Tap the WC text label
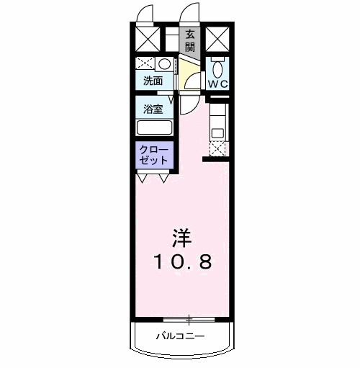pyautogui.click(x=217, y=84)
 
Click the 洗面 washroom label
pyautogui.click(x=153, y=81)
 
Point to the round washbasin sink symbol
pyautogui.click(x=164, y=63)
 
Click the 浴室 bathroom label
pyautogui.click(x=153, y=109)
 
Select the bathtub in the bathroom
pyautogui.click(x=154, y=128)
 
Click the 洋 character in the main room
pyautogui.click(x=181, y=237)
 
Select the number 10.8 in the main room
pyautogui.click(x=181, y=261)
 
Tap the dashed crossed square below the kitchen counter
pyautogui.click(x=217, y=148)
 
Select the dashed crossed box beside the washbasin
pyautogui.click(x=145, y=63)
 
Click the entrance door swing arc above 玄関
pyautogui.click(x=191, y=13)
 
